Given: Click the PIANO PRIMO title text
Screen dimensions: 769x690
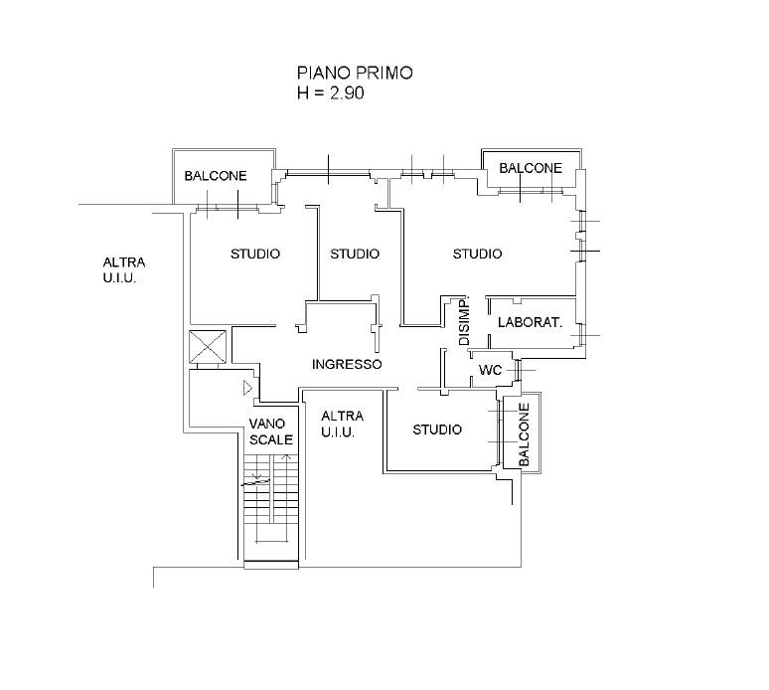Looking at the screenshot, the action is (x=355, y=73).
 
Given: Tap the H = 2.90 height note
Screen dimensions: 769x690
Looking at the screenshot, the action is (x=330, y=92).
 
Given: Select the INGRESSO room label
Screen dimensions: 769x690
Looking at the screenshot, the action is (x=347, y=364).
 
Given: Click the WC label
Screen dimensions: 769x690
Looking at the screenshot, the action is (x=490, y=370).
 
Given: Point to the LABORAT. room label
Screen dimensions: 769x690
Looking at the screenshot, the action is (x=530, y=322).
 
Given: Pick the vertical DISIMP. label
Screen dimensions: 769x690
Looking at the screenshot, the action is (x=464, y=320).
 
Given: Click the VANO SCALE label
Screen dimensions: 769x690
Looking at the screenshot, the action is (x=270, y=431).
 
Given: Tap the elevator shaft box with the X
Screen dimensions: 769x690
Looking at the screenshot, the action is (x=208, y=347).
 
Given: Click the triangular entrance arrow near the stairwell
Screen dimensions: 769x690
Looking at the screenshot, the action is (x=247, y=388).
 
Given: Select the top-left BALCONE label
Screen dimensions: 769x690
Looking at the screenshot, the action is (x=216, y=176).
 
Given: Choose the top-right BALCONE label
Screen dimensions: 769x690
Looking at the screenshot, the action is (x=531, y=168).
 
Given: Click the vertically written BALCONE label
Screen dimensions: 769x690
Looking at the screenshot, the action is (x=524, y=434).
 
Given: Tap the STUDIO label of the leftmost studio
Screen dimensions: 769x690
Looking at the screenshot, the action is (x=255, y=254).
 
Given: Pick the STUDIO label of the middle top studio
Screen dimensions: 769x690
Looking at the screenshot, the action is (x=355, y=254).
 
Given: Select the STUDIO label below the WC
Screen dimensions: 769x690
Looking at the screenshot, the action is (x=437, y=430).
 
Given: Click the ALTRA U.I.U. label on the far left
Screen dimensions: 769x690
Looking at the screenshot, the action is (x=124, y=270).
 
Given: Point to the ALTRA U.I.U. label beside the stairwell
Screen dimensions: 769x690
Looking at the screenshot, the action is (x=343, y=424).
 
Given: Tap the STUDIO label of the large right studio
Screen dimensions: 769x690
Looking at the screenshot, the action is (x=477, y=254).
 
